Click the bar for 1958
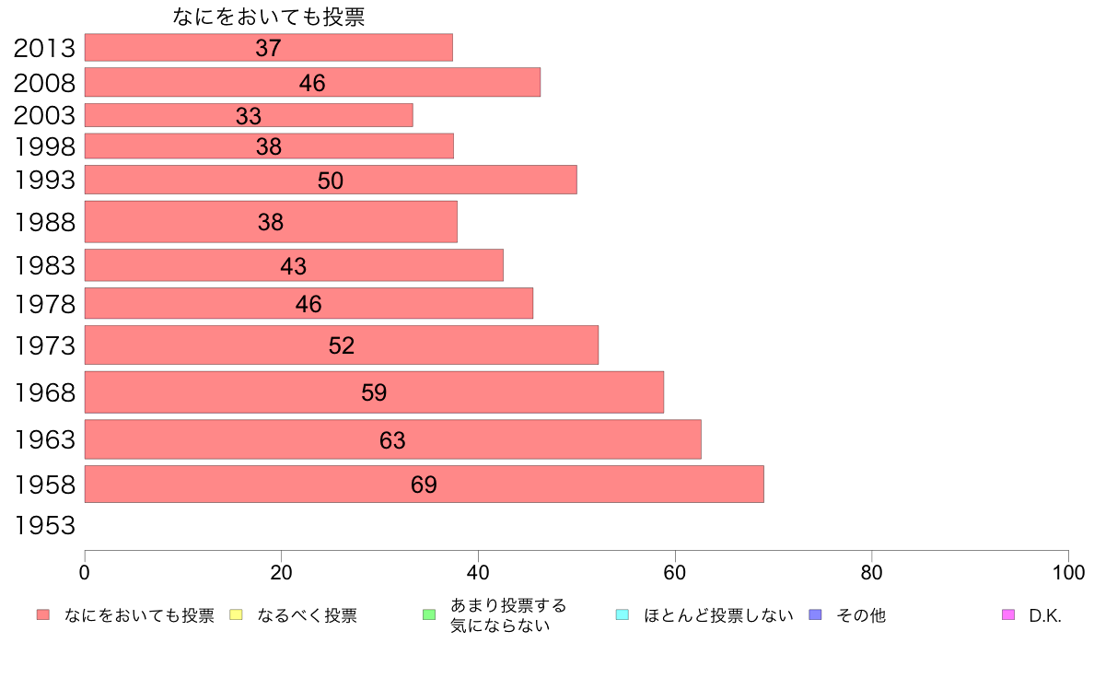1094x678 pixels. [424, 485]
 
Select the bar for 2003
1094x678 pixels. [249, 115]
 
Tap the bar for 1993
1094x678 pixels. [331, 180]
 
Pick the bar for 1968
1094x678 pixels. [374, 392]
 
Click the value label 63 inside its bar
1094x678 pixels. [392, 440]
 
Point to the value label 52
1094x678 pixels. [342, 345]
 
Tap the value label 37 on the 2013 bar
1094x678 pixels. [268, 48]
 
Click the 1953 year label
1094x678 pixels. [44, 526]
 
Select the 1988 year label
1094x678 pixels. [44, 222]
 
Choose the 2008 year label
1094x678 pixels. [44, 83]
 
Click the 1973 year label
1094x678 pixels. [44, 346]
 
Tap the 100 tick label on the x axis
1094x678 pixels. [1068, 572]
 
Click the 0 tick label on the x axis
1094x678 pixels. [85, 572]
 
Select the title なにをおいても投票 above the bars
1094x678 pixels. [269, 18]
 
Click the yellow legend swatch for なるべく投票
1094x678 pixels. [236, 614]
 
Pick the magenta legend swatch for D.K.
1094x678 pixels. [1007, 614]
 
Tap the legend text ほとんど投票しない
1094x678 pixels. [718, 615]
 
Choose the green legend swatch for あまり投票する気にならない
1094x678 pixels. [428, 614]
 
